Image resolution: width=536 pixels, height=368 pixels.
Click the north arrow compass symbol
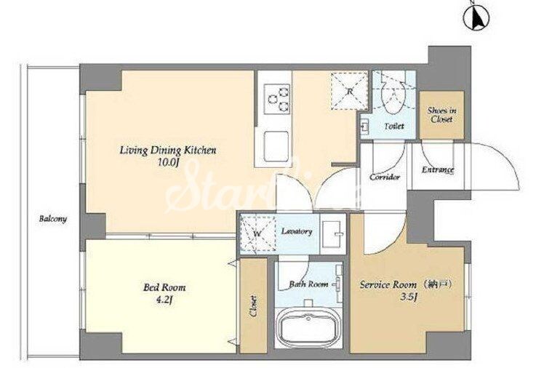(x=476, y=16)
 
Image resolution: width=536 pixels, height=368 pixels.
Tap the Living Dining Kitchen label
(x=168, y=151)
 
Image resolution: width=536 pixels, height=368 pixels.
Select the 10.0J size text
(x=168, y=163)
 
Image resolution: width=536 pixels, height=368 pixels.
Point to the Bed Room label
(x=165, y=287)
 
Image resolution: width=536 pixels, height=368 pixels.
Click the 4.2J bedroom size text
(x=165, y=300)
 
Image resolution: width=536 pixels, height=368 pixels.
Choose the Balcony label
(x=52, y=219)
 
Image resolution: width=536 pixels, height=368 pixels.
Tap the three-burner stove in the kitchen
(x=277, y=99)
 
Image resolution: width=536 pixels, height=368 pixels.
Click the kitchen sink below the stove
(x=276, y=146)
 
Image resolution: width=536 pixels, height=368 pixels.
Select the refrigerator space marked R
(x=349, y=91)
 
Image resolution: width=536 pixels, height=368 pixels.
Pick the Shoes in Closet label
(x=442, y=115)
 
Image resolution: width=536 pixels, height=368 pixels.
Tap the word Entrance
(x=438, y=169)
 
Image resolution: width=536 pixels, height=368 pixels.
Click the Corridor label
(x=385, y=177)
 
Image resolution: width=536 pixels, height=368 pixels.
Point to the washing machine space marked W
(x=257, y=234)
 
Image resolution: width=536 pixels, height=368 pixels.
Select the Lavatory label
(x=297, y=231)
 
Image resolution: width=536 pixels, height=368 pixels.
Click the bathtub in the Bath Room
(x=309, y=326)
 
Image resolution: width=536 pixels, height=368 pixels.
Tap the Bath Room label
(x=308, y=284)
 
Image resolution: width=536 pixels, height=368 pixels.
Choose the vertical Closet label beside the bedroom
(x=254, y=306)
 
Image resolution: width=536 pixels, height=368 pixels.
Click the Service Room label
(x=388, y=284)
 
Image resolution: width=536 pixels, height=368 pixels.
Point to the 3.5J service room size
(x=409, y=297)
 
